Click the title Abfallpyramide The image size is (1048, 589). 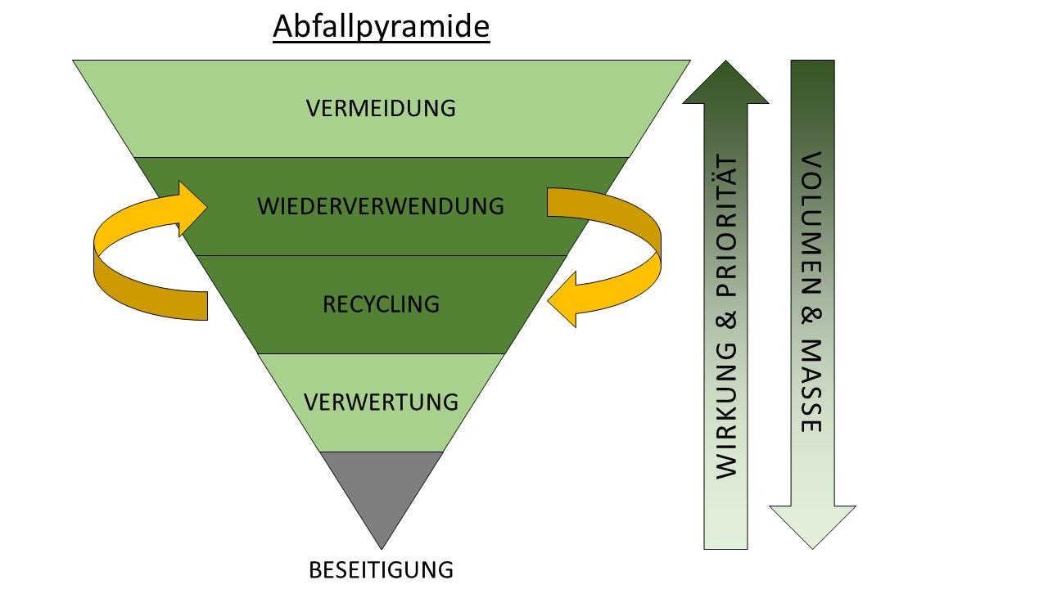tap(381, 27)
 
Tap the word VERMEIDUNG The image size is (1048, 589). tap(381, 108)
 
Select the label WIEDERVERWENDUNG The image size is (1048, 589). tap(381, 206)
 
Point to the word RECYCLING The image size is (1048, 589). tap(381, 304)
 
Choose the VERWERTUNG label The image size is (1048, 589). tap(381, 402)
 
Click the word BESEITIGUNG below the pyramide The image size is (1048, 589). tap(381, 569)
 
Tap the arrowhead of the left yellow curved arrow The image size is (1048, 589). tap(192, 209)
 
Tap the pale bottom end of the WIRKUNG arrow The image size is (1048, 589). tap(725, 536)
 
